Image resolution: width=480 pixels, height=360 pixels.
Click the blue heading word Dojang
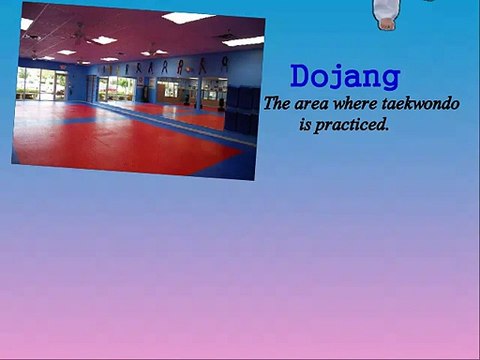345,77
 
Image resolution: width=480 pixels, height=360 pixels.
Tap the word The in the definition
275,102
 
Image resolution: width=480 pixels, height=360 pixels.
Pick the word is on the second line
305,127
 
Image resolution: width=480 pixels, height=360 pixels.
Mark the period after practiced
387,130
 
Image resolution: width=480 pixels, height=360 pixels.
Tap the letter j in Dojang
339,79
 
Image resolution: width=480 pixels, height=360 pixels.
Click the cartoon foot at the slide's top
386,12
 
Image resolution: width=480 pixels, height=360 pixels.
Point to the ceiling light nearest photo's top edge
188,17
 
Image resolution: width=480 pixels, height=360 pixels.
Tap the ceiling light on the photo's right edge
243,41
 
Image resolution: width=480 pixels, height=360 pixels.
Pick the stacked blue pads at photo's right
241,109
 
